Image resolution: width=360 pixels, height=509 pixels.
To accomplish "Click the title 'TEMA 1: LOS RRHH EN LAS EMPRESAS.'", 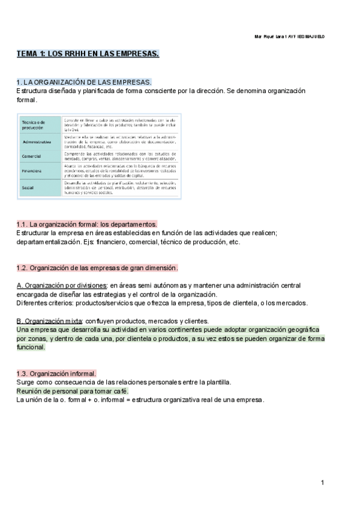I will point(88,55).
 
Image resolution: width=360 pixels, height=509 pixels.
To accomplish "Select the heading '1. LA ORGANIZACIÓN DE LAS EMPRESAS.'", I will point(84,82).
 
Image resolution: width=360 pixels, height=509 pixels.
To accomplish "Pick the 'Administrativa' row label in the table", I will point(35,142).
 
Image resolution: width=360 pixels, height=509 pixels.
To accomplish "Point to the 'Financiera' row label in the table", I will point(32,170).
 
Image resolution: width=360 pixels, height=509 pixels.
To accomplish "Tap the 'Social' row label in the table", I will point(28,187).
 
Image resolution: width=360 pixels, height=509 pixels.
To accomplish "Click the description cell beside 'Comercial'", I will point(120,156).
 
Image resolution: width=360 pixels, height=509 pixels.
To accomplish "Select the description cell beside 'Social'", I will point(120,187).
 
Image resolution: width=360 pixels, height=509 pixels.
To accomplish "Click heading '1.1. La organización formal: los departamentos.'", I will point(86,224).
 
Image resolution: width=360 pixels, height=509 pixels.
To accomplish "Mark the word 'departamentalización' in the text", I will point(47,242).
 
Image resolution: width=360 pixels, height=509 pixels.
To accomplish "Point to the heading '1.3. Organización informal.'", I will point(56,373).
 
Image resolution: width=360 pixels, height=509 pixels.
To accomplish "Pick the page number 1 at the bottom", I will point(322,483).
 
